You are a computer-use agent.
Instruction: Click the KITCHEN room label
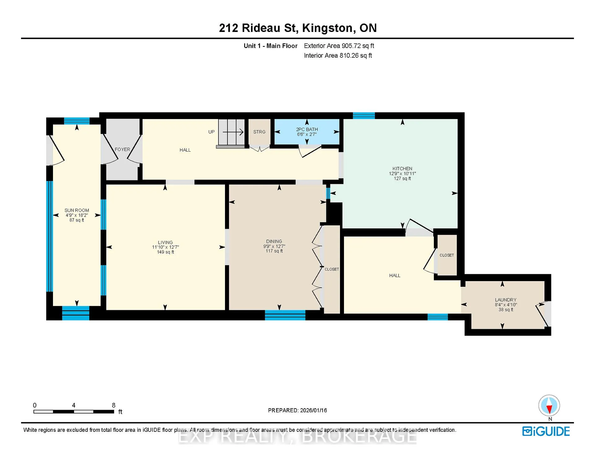coord(402,169)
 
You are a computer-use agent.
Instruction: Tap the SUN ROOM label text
coord(77,210)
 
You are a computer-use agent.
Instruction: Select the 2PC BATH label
coord(307,129)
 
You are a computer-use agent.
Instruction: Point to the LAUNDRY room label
coord(505,300)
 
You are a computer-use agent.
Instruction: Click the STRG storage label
coord(259,132)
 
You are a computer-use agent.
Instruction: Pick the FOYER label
coord(122,149)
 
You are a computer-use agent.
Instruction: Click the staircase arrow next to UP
coord(233,132)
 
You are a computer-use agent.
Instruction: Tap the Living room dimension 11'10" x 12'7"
coord(165,247)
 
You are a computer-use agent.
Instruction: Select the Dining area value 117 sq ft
coord(274,251)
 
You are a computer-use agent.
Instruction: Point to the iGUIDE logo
coord(546,431)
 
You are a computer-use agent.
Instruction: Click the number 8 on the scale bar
coord(114,405)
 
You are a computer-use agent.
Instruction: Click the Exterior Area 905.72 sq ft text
coord(339,46)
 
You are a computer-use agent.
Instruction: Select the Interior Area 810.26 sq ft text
coord(338,55)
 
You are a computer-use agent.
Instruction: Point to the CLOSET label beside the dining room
coord(332,269)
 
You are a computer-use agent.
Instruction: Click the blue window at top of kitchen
coord(364,116)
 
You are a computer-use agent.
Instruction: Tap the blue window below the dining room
coord(285,315)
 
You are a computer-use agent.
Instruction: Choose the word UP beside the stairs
coord(211,132)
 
